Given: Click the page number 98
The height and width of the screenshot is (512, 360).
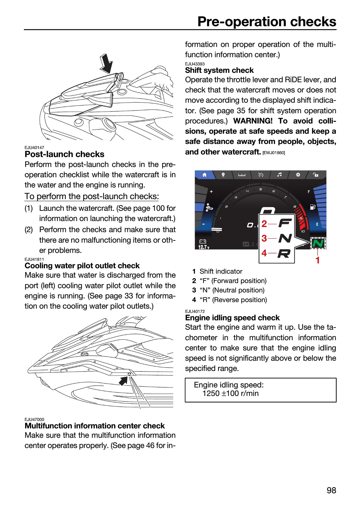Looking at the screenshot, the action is [331, 490].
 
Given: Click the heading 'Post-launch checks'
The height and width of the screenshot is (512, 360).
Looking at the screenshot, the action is [64, 154].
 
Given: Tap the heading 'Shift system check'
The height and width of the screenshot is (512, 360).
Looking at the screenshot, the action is [219, 70].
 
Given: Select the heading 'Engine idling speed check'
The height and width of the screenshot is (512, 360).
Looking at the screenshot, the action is [232, 318].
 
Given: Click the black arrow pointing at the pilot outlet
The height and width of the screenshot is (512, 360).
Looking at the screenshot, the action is [124, 381].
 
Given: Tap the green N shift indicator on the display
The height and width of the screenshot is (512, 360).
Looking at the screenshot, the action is [318, 243].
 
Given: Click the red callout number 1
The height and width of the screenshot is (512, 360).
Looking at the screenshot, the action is [318, 260].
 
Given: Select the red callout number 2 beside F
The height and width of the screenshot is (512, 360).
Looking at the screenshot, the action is [264, 224].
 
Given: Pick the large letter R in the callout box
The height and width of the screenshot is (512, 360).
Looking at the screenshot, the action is [284, 253].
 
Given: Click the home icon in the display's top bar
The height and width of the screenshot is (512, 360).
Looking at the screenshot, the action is [204, 175].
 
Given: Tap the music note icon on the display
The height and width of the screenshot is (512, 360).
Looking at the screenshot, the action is [279, 175].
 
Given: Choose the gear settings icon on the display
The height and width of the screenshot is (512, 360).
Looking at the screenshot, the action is [298, 175].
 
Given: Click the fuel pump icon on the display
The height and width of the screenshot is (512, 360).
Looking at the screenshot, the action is [312, 207].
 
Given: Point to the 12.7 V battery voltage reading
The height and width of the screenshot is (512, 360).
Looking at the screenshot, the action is [204, 247].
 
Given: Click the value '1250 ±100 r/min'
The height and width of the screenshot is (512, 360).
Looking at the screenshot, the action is [231, 393].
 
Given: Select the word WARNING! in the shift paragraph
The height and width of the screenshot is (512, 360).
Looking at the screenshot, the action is [253, 121].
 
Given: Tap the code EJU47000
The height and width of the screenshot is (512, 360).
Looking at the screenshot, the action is [34, 420].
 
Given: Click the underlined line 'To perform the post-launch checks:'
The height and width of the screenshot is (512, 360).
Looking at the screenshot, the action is [92, 196].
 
